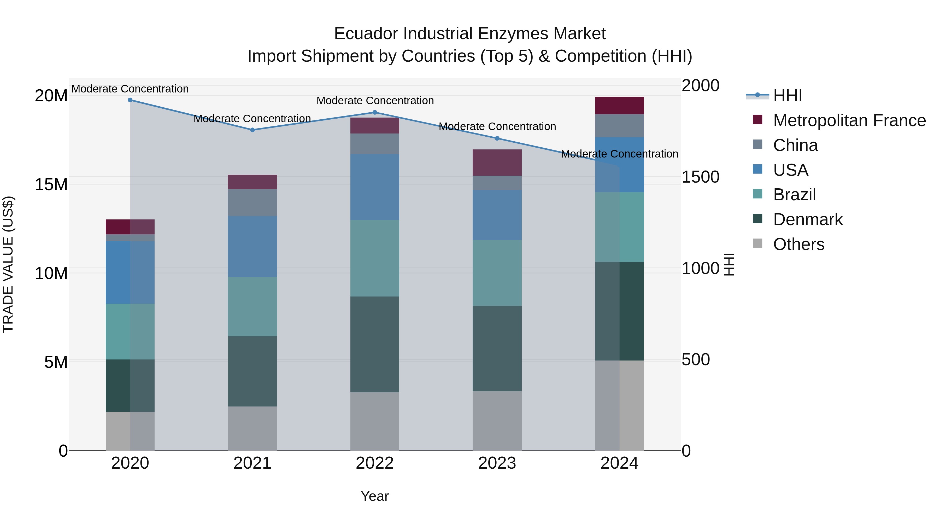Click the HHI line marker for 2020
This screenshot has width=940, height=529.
click(130, 100)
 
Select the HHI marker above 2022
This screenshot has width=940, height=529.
click(375, 112)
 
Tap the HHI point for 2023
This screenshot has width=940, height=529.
click(497, 138)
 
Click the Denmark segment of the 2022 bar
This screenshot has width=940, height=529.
click(375, 344)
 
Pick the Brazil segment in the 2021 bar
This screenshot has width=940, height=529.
click(252, 306)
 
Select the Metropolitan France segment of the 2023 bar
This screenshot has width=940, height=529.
click(497, 162)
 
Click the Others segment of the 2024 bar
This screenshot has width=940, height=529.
click(619, 405)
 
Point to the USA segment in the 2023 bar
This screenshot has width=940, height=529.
click(497, 215)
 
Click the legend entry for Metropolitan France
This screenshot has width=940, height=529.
click(849, 120)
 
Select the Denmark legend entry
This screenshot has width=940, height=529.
click(808, 219)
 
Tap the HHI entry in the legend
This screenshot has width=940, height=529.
click(788, 96)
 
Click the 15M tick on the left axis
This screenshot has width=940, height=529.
click(51, 184)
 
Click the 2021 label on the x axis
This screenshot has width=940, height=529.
click(252, 463)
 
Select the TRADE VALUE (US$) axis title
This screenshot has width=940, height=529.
click(8, 264)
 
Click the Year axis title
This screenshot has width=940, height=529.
click(375, 496)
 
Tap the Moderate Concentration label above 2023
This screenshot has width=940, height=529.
click(497, 126)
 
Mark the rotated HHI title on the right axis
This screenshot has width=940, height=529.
click(729, 264)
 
